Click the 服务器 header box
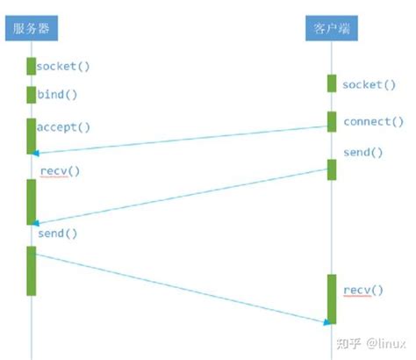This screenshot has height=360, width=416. [x=31, y=29]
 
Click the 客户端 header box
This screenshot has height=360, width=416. [x=332, y=29]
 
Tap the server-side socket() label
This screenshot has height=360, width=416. [x=63, y=66]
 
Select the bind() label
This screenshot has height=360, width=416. [x=57, y=94]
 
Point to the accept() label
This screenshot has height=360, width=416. [x=63, y=127]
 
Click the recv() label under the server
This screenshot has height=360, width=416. [x=60, y=170]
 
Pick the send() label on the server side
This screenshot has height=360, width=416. [x=57, y=234]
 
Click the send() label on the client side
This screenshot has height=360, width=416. [x=362, y=152]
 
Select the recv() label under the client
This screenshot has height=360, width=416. [x=362, y=290]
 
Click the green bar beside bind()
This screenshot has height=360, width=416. [x=31, y=95]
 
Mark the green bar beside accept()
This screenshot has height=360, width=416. [x=31, y=136]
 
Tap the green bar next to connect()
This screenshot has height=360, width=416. [x=332, y=121]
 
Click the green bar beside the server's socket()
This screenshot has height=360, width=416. [x=31, y=66]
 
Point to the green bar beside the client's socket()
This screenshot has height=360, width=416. [x=332, y=83]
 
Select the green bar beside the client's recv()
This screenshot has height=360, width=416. [x=332, y=299]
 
